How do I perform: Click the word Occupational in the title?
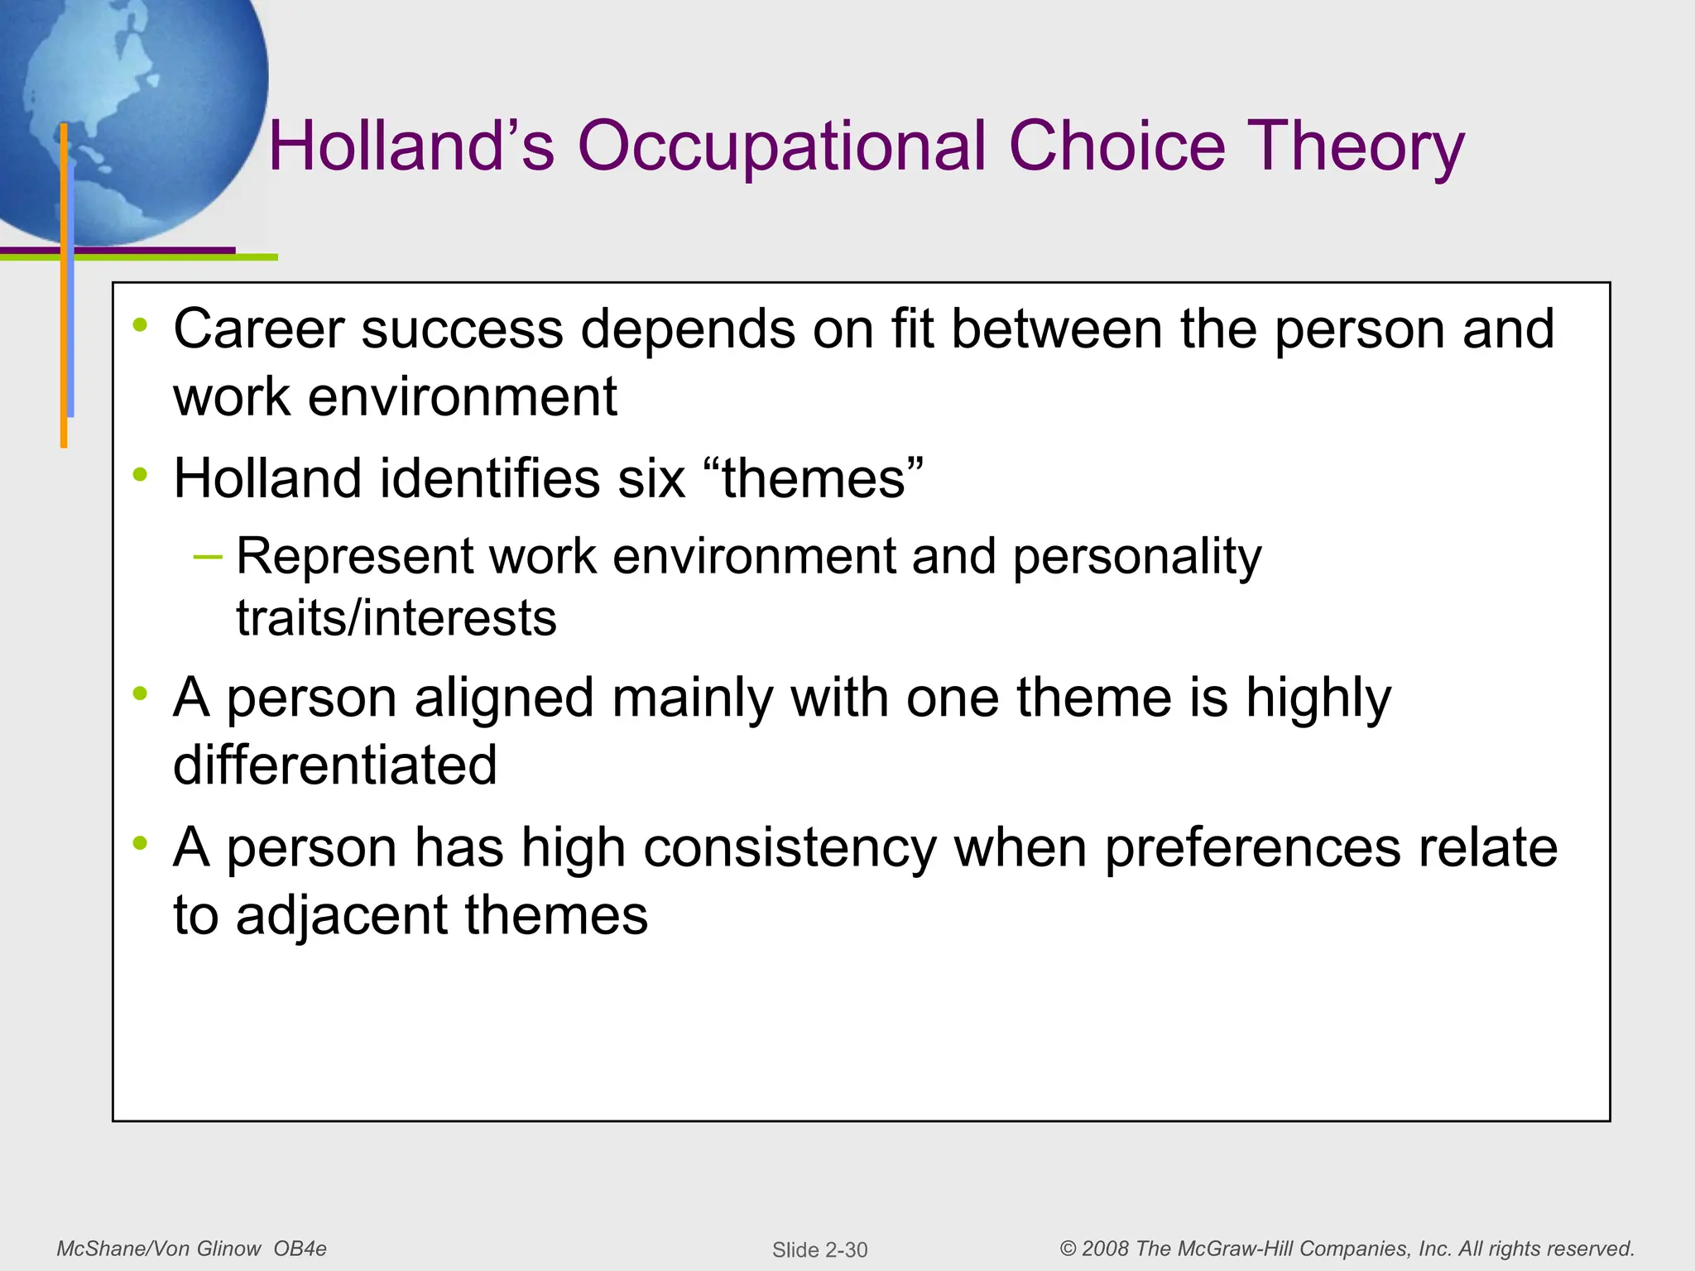[781, 147]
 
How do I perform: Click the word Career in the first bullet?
[258, 329]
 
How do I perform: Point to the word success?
[462, 329]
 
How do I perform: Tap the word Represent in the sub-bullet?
[354, 555]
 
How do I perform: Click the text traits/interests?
[396, 617]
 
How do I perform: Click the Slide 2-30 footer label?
[819, 1249]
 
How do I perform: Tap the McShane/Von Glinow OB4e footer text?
[191, 1249]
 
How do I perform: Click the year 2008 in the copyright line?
[1105, 1249]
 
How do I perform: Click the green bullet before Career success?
[141, 325]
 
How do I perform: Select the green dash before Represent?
[208, 556]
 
